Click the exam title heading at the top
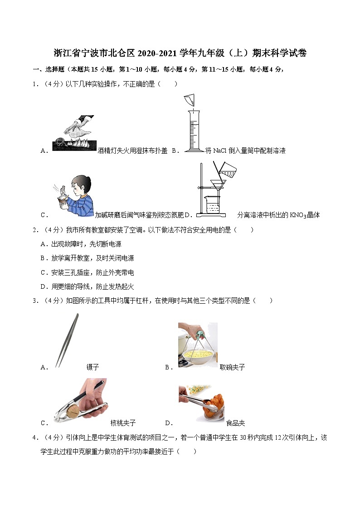(x=180, y=53)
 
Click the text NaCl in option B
(x=220, y=151)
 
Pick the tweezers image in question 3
(x=67, y=340)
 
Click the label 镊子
(x=92, y=367)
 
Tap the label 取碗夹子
(x=232, y=367)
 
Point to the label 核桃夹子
(x=123, y=423)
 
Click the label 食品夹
(x=235, y=423)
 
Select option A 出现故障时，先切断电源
(x=82, y=244)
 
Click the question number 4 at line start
(x=34, y=437)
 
